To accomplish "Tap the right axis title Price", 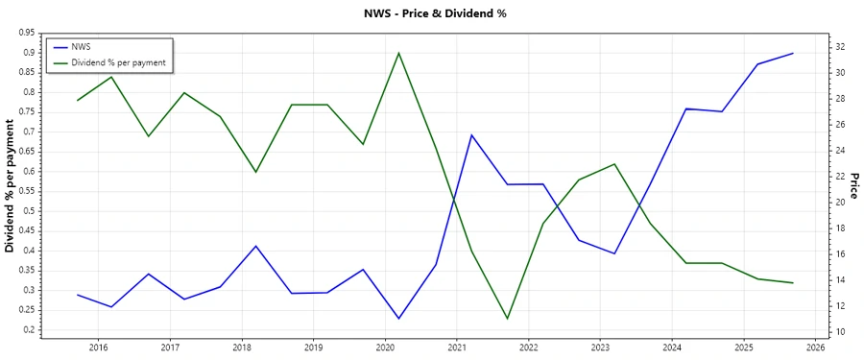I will (x=853, y=186).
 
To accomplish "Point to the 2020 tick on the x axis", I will (x=385, y=348).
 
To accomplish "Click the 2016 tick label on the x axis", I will (x=99, y=348).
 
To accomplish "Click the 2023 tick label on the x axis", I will (x=600, y=348).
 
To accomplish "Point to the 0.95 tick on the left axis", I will (x=26, y=33).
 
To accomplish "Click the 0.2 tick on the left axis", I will (x=30, y=330).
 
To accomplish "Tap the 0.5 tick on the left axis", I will (x=30, y=211).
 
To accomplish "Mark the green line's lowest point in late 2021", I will (x=507, y=319).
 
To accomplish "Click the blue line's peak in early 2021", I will (x=471, y=134).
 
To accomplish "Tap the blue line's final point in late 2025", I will (x=793, y=53).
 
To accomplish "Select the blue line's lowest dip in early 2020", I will (x=398, y=319).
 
